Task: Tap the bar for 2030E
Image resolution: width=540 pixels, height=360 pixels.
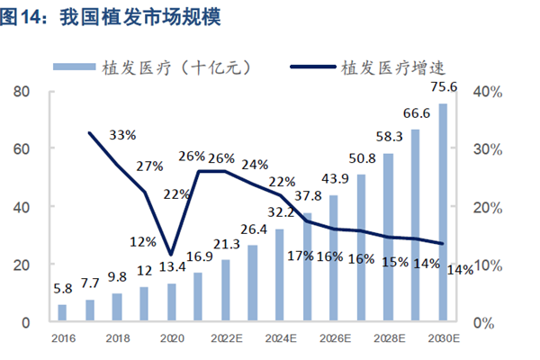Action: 443,212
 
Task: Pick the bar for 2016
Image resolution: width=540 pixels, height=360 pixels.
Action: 62,312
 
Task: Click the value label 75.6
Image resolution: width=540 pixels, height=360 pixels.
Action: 443,87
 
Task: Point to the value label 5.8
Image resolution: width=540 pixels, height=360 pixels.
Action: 62,291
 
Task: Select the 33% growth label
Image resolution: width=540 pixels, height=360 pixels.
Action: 122,135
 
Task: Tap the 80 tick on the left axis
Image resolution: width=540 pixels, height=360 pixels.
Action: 23,91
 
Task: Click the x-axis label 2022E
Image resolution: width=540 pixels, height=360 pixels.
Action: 225,339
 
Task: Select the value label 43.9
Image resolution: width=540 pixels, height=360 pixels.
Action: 334,178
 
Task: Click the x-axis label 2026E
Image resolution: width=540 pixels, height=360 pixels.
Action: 334,339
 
